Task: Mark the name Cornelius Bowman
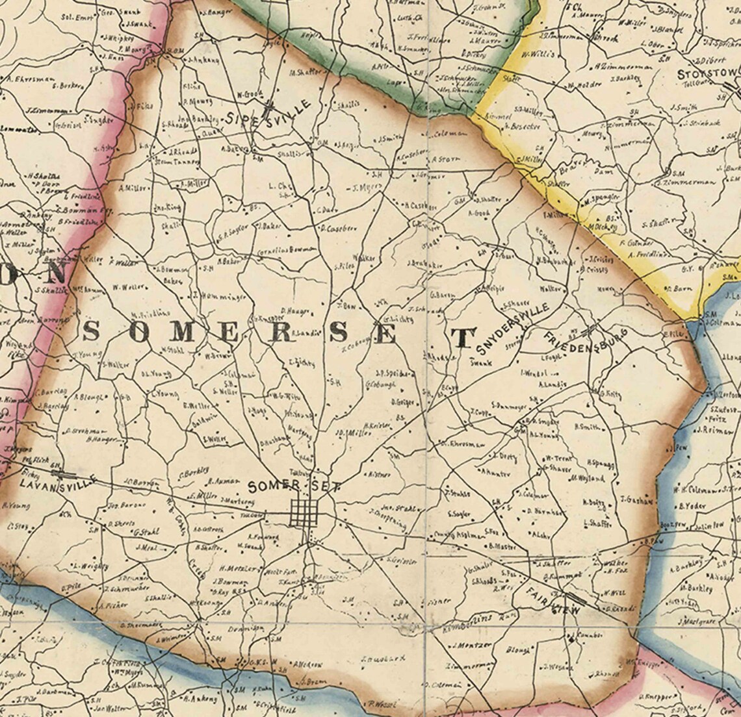click(287, 248)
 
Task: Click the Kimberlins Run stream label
click(465, 619)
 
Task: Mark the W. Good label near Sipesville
click(249, 94)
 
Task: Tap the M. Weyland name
click(587, 479)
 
